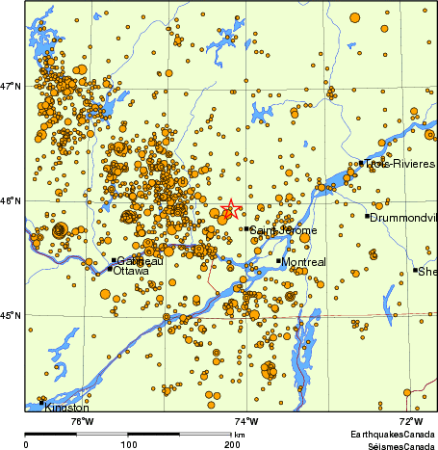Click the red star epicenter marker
230,209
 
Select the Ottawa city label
131,271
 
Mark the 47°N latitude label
11,87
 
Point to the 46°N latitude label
11,200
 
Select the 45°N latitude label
11,315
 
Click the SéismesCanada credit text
393,445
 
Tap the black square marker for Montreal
279,261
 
